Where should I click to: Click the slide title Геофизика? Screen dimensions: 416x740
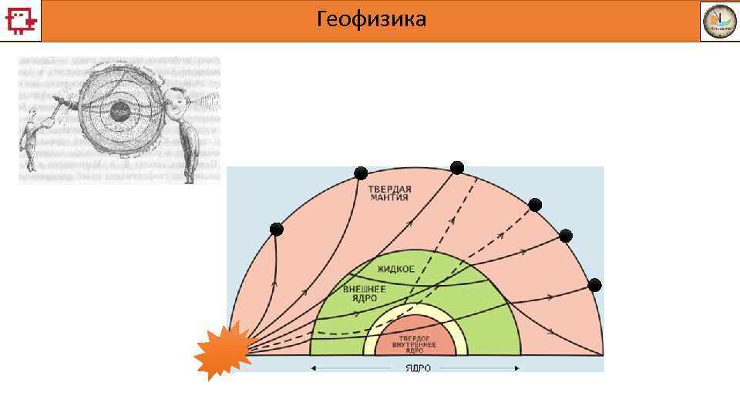[x=371, y=19]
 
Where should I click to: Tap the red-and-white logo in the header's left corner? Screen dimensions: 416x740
[x=20, y=20]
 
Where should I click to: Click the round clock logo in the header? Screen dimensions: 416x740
[x=718, y=21]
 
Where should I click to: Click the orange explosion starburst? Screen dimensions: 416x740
[x=224, y=351]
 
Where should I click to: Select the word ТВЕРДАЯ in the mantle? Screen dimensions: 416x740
[x=389, y=189]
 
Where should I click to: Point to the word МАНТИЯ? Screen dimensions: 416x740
[x=388, y=198]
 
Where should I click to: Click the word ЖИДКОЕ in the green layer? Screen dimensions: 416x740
[x=396, y=269]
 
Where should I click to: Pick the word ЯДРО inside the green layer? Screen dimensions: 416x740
[x=360, y=298]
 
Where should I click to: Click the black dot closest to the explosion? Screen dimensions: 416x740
[x=276, y=230]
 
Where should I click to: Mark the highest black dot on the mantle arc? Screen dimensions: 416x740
[x=457, y=167]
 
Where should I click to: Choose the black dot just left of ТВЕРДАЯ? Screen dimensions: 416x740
[x=360, y=173]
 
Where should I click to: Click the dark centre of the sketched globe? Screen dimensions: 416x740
[x=119, y=112]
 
